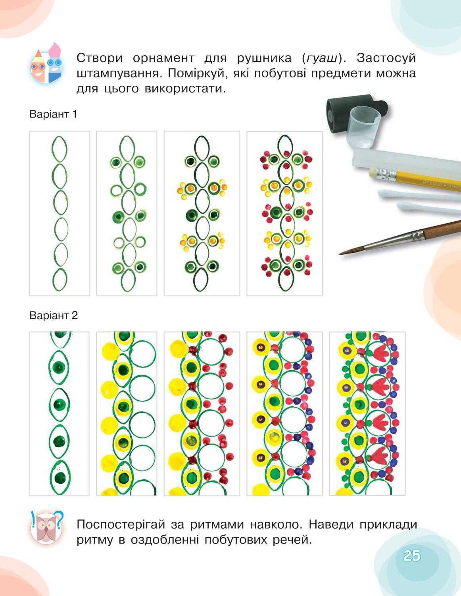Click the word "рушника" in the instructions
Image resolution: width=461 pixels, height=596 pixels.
click(264, 58)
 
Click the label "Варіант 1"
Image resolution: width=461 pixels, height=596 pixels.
click(53, 114)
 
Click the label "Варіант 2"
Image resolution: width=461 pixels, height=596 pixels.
click(54, 315)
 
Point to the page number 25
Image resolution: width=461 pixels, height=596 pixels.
click(412, 556)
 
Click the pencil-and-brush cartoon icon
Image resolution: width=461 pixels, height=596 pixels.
click(46, 63)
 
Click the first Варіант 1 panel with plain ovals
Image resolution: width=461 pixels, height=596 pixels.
click(60, 213)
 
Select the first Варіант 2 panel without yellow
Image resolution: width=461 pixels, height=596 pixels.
click(59, 413)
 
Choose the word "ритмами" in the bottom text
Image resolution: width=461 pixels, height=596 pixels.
click(217, 525)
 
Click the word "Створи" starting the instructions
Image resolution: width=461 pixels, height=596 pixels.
click(100, 58)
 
